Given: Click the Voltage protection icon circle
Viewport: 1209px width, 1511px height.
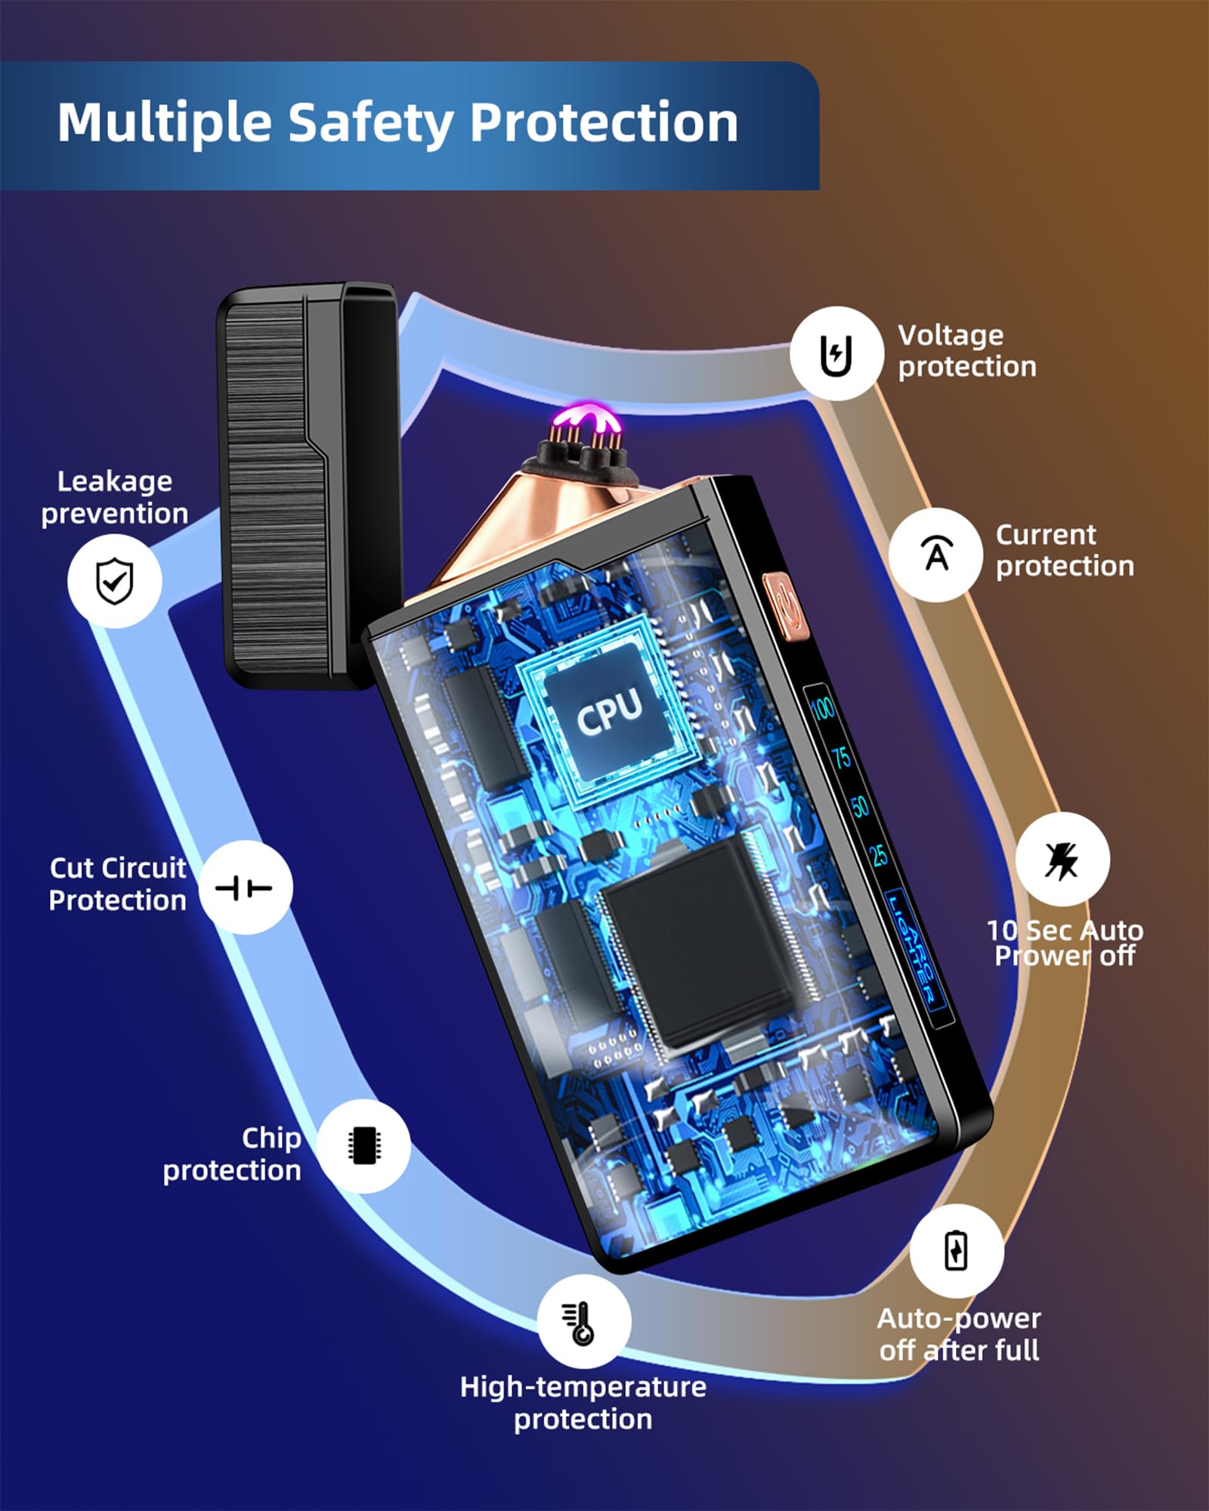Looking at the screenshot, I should click(836, 353).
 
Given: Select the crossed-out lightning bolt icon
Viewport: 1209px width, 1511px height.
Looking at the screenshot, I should click(1062, 860).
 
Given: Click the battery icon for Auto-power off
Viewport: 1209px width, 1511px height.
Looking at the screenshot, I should click(957, 1250).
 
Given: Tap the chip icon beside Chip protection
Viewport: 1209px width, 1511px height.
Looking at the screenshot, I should click(364, 1146).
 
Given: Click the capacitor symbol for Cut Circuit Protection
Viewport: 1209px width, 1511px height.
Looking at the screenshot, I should click(245, 887).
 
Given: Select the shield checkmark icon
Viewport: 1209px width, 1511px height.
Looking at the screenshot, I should click(115, 580).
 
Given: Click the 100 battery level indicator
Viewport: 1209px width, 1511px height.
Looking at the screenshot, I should click(822, 708).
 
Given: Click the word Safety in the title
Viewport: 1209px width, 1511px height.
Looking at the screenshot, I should click(371, 123).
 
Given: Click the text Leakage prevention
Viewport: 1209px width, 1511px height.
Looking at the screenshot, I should click(115, 497).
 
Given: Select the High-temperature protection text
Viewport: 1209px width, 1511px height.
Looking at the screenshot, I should click(583, 1402).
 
